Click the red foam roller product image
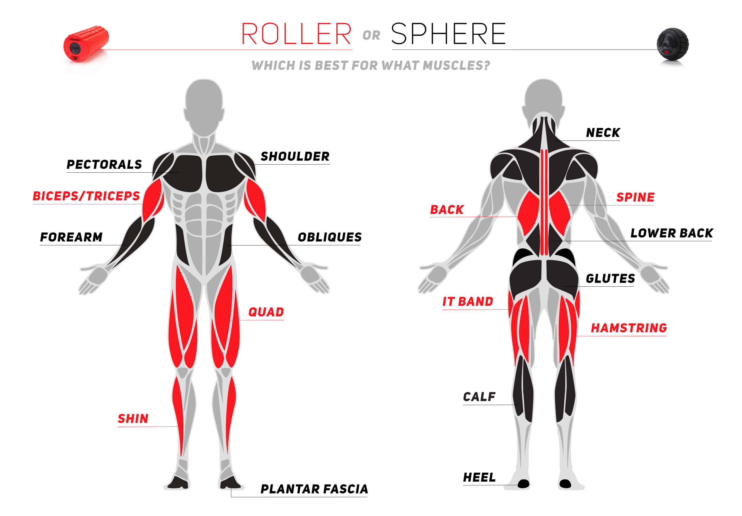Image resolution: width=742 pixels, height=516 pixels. (x=86, y=44)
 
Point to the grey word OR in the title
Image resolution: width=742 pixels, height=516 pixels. (x=371, y=35)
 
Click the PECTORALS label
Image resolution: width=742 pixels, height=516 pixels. (x=104, y=164)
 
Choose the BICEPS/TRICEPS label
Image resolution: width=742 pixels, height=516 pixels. (x=86, y=196)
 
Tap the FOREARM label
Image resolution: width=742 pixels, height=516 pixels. (x=71, y=237)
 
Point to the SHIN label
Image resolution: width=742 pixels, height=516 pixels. (x=133, y=419)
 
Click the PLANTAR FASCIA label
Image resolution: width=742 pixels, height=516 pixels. (x=314, y=489)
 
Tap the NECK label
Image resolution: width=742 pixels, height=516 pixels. (x=603, y=133)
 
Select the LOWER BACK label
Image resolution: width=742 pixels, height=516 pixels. (x=672, y=233)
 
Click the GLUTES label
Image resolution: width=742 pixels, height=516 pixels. (x=610, y=278)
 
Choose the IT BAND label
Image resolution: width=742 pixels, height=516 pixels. (x=468, y=302)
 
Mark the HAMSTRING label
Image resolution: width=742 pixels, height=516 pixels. (x=629, y=328)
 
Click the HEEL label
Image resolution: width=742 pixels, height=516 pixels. (x=479, y=477)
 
